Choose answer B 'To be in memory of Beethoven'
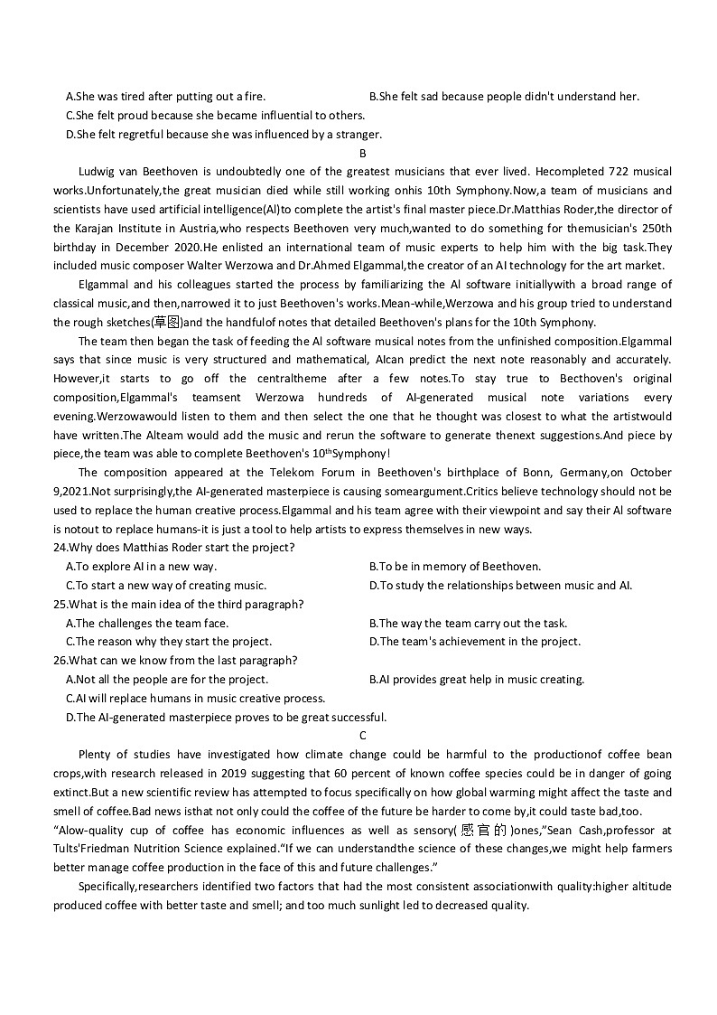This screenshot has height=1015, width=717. [455, 567]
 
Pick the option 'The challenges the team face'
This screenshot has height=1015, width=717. [147, 624]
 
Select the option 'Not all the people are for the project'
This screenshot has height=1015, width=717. [166, 680]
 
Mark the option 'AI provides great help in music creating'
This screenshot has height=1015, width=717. [477, 680]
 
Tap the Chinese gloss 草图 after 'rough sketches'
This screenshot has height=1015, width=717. [166, 323]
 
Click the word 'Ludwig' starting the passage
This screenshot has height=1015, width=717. [98, 172]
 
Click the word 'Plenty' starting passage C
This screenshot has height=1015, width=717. [97, 755]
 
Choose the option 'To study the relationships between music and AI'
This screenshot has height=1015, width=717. [500, 586]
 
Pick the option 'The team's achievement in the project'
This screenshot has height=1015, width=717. [475, 642]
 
